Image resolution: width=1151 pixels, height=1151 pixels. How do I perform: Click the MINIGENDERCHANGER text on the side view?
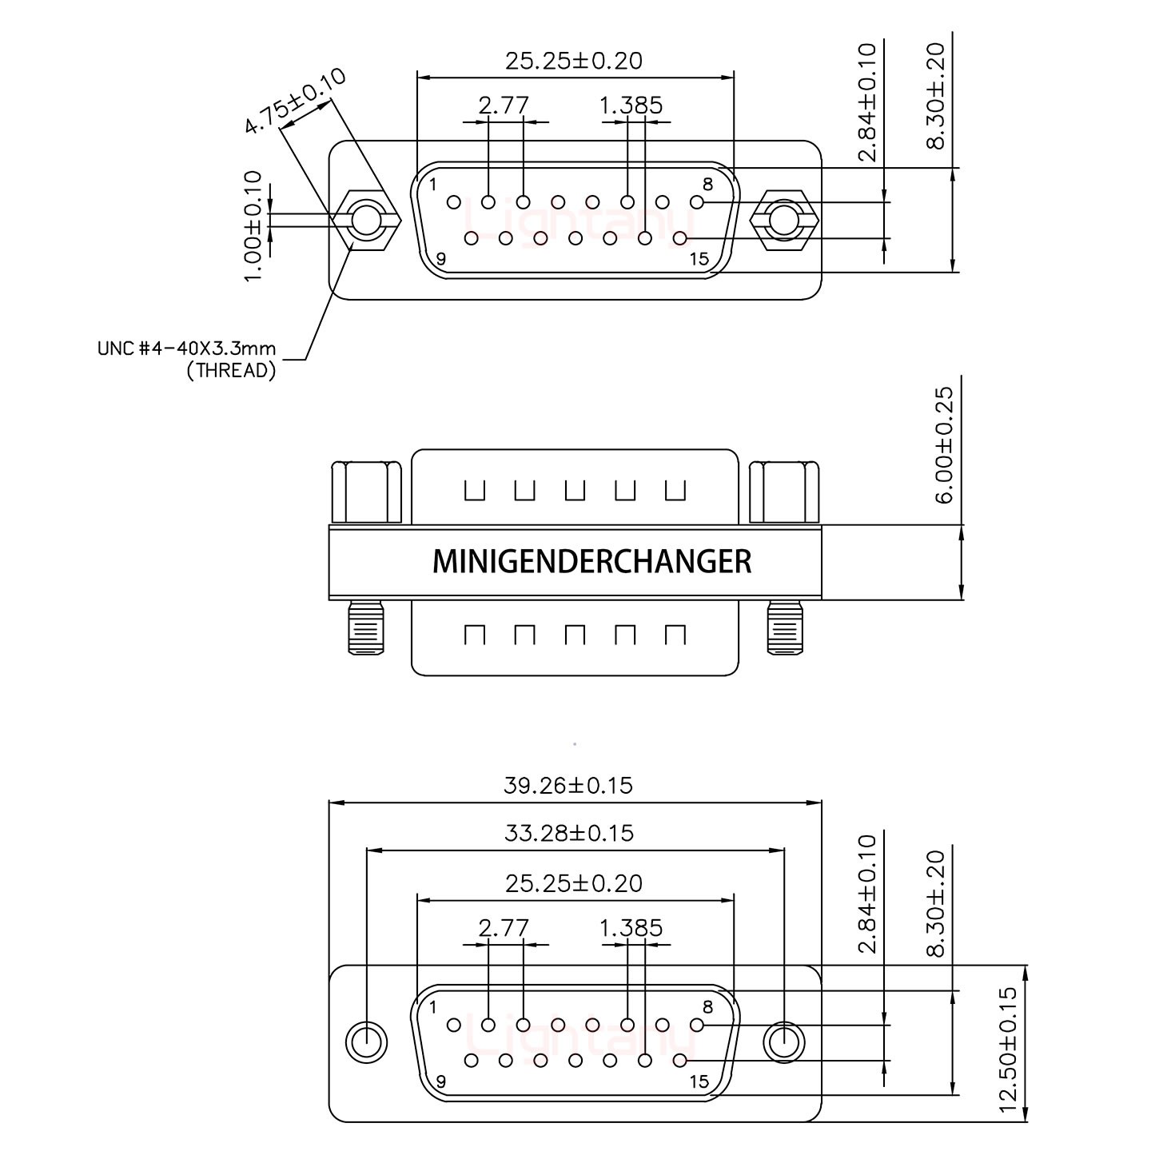pyautogui.click(x=591, y=561)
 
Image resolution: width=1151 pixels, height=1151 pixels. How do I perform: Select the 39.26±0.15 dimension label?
pyautogui.click(x=568, y=785)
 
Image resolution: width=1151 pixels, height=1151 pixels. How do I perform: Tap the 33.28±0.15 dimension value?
pyautogui.click(x=569, y=833)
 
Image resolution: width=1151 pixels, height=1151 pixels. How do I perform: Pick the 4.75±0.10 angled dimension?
pyautogui.click(x=295, y=102)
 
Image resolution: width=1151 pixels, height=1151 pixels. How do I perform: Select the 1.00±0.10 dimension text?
pyautogui.click(x=253, y=225)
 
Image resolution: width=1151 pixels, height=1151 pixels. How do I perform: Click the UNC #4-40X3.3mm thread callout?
pyautogui.click(x=186, y=348)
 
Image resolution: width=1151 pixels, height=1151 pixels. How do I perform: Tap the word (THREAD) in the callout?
pyautogui.click(x=231, y=370)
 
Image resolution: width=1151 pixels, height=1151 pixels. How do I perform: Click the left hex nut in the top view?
pyautogui.click(x=365, y=220)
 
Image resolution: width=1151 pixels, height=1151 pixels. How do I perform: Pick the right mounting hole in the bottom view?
pyautogui.click(x=783, y=1042)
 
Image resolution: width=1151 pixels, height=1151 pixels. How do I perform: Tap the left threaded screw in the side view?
pyautogui.click(x=364, y=628)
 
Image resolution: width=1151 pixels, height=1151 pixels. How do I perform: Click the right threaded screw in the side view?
pyautogui.click(x=784, y=628)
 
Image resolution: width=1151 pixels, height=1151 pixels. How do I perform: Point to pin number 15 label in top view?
pyautogui.click(x=699, y=258)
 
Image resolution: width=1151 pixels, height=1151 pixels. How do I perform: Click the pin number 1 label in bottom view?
pyautogui.click(x=432, y=1007)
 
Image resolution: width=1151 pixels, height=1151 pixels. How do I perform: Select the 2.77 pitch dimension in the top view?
pyautogui.click(x=504, y=105)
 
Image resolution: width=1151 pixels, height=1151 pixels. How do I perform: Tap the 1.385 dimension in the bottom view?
pyautogui.click(x=631, y=928)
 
